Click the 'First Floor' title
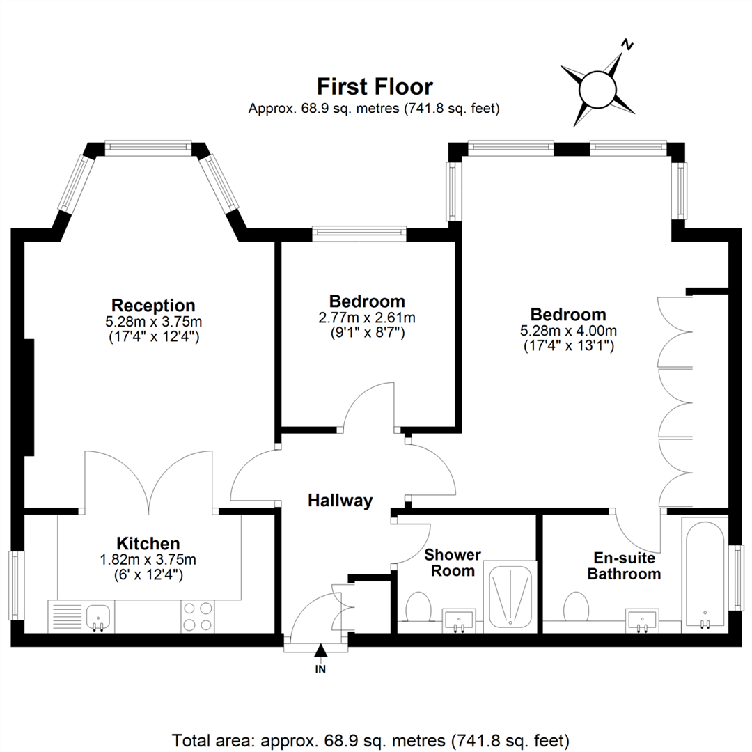[x=375, y=87]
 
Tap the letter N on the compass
[x=627, y=45]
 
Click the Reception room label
[x=153, y=305]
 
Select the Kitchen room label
[x=148, y=543]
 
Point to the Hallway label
[x=340, y=500]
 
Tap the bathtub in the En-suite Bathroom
[x=705, y=574]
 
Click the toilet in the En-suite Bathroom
[x=576, y=606]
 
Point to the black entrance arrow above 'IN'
[x=320, y=651]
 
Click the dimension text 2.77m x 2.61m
[x=367, y=318]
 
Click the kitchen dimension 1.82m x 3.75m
[x=148, y=559]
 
